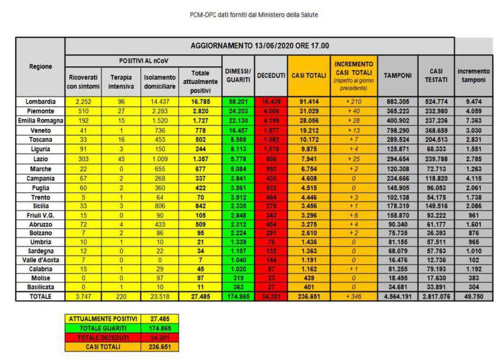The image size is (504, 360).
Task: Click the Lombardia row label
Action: (x=40, y=102)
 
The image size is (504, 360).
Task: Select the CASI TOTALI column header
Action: (x=309, y=75)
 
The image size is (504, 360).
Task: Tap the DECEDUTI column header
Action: (x=271, y=75)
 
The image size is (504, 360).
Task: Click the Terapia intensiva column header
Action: (x=121, y=82)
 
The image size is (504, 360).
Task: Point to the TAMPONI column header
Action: (x=397, y=75)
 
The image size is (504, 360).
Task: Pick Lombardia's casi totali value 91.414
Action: (x=309, y=102)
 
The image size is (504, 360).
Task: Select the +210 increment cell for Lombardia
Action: (x=354, y=102)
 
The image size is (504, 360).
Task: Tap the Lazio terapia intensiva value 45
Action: (x=121, y=159)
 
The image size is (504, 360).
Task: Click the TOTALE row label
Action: (x=40, y=296)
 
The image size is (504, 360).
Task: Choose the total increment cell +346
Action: (x=354, y=296)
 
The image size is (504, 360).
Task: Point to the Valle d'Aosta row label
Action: (x=40, y=259)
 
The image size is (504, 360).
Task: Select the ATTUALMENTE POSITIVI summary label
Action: (x=104, y=319)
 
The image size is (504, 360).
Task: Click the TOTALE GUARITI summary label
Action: (x=104, y=327)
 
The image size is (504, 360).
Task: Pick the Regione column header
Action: (x=40, y=66)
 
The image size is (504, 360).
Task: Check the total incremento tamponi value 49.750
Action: (x=473, y=296)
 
